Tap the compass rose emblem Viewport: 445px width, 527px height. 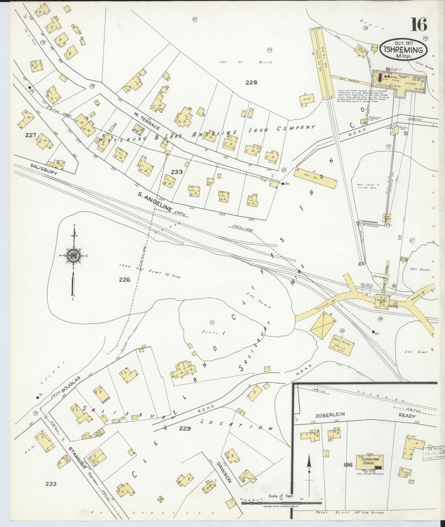pos(73,255)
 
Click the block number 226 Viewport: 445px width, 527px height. pos(124,279)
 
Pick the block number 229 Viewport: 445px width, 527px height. pos(185,428)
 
